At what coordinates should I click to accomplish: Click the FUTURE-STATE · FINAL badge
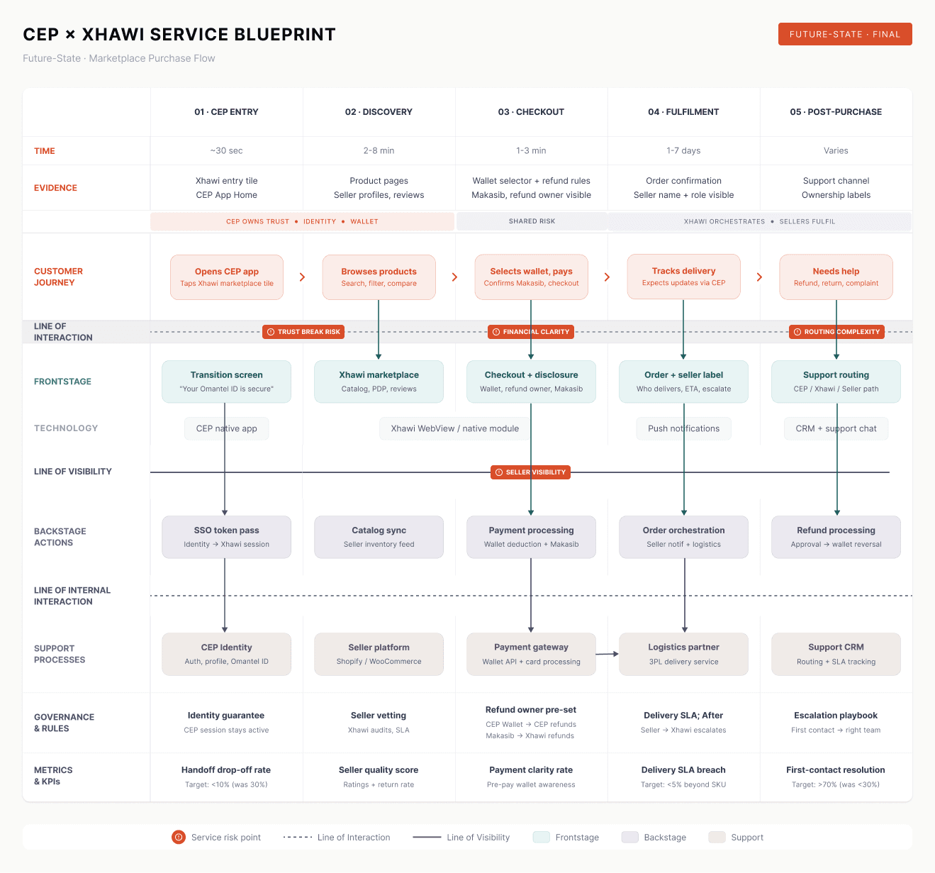(844, 34)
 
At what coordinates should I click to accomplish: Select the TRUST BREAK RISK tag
(303, 332)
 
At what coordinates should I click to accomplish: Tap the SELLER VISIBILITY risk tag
(530, 472)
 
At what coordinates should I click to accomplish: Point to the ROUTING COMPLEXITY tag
(836, 332)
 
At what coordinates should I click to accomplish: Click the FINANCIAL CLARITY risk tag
(530, 332)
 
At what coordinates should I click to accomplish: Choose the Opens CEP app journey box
(227, 277)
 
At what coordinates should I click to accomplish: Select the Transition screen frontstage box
(226, 382)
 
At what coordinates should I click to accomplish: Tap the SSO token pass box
(226, 537)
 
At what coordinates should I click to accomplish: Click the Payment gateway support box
(531, 654)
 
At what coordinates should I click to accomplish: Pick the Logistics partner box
(683, 654)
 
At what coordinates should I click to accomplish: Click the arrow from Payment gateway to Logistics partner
(608, 654)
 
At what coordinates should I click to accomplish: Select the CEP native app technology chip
(226, 428)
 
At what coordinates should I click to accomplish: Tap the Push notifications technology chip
(683, 428)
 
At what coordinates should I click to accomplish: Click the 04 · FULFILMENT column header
(683, 112)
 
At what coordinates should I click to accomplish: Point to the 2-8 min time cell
(379, 151)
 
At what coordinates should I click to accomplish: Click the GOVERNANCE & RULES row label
(64, 723)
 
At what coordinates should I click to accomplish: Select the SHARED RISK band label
(532, 221)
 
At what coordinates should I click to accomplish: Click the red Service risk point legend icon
(179, 838)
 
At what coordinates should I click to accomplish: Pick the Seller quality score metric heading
(379, 770)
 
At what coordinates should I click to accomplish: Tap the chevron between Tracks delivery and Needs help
(759, 277)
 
